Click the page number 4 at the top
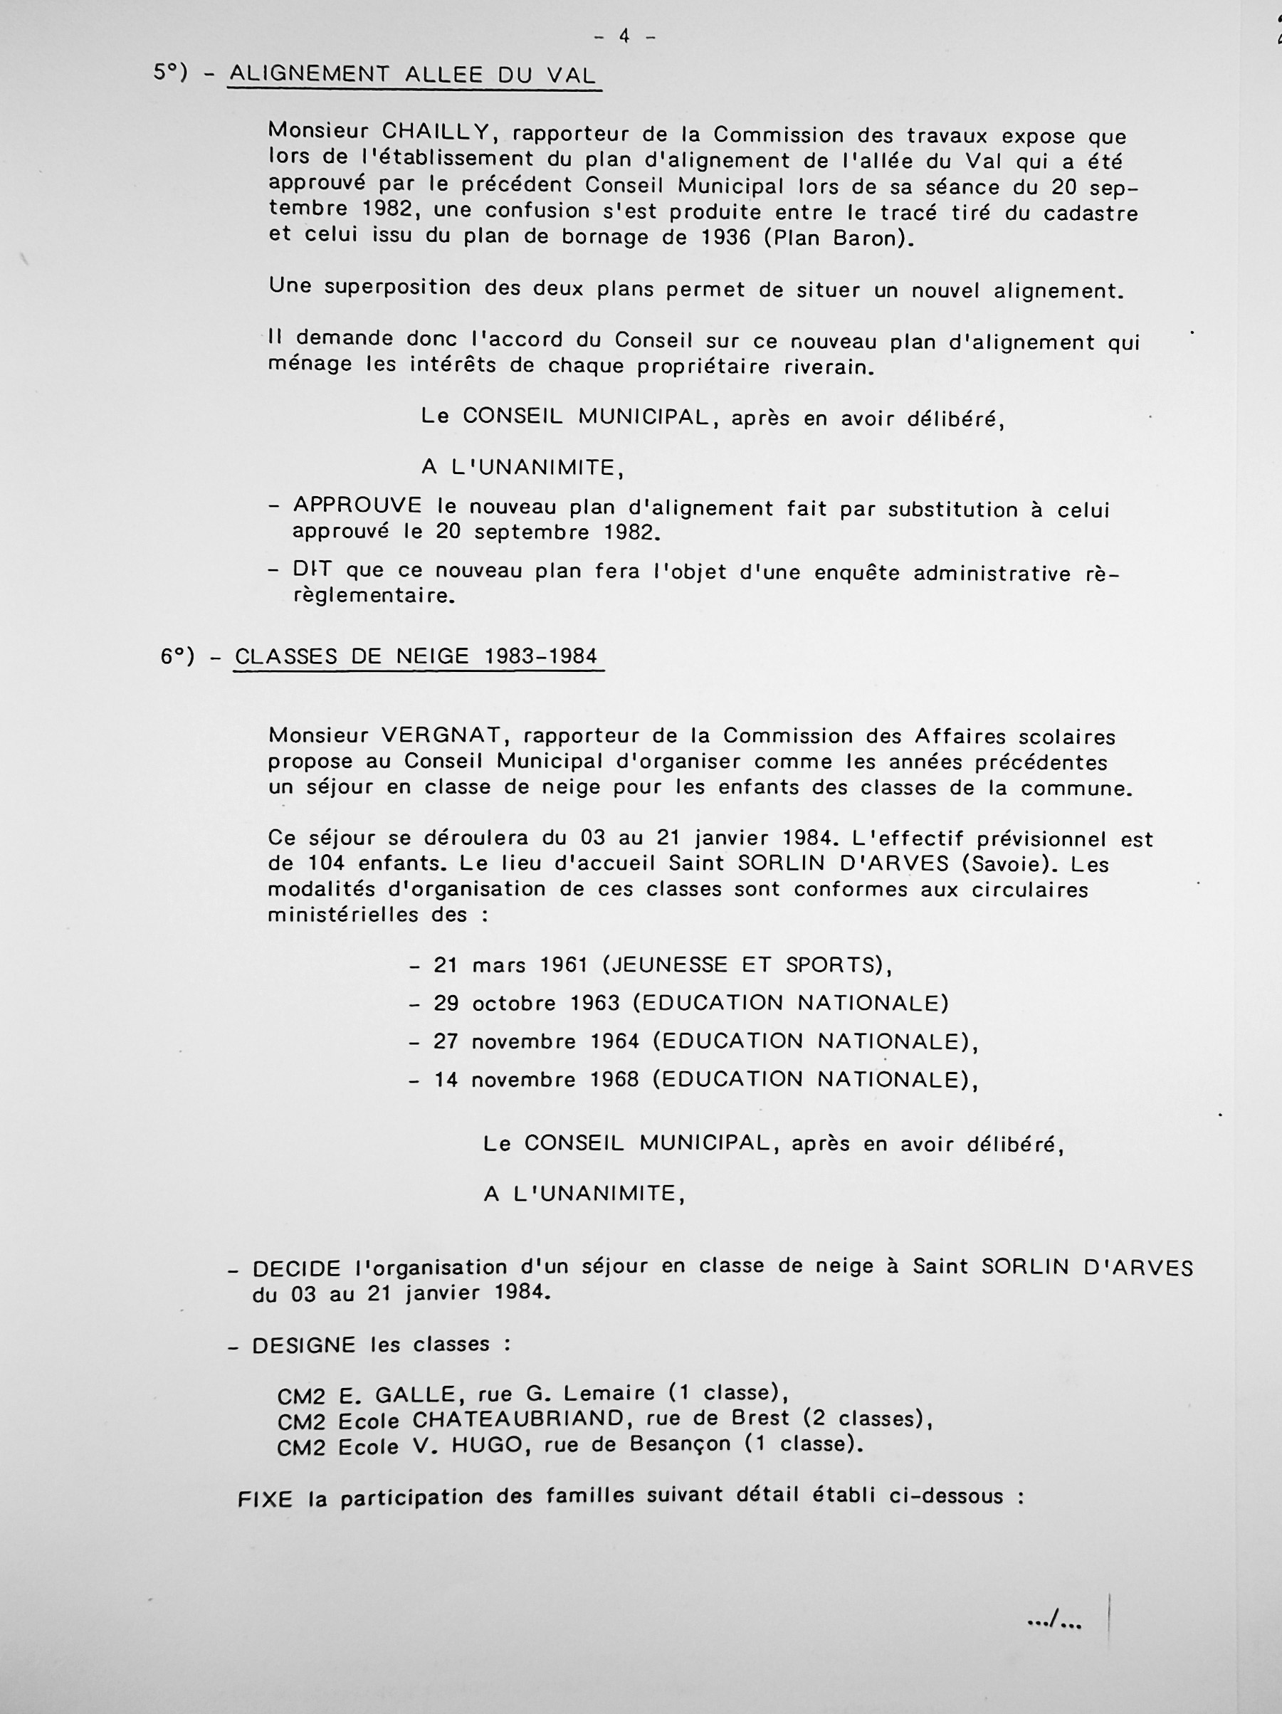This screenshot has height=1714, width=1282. click(625, 36)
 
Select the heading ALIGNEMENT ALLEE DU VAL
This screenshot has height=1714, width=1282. click(413, 75)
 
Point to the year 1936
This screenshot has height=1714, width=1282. click(725, 237)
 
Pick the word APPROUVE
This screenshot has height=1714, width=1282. click(357, 506)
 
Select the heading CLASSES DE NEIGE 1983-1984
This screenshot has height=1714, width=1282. click(417, 656)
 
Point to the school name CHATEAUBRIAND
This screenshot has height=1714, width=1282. click(517, 1419)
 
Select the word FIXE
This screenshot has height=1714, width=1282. click(265, 1499)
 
